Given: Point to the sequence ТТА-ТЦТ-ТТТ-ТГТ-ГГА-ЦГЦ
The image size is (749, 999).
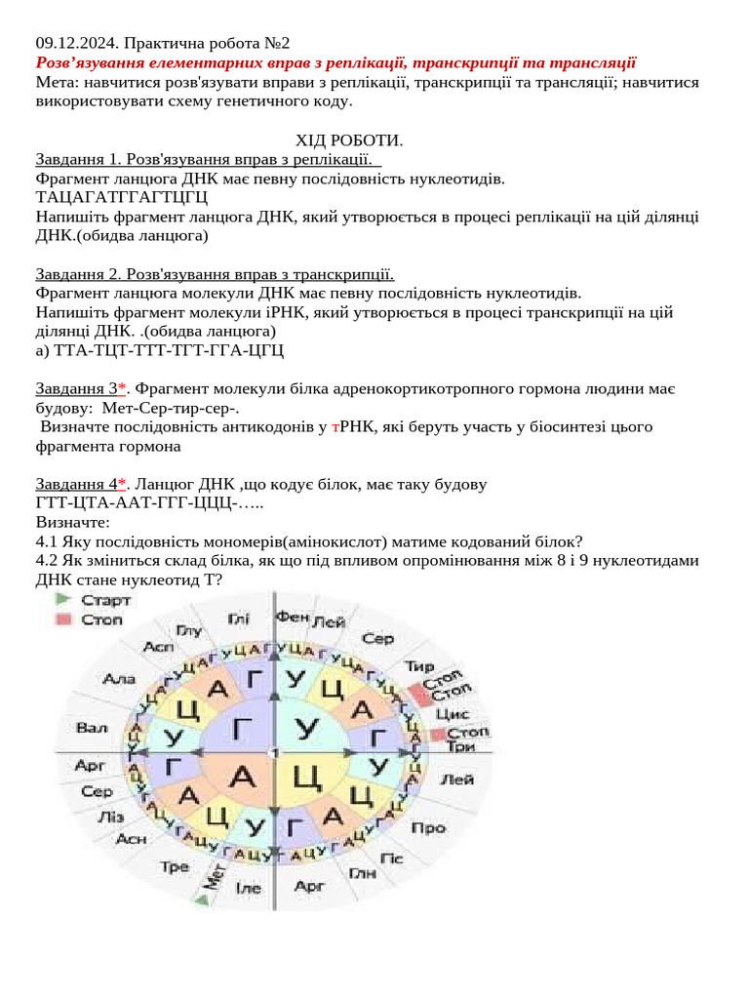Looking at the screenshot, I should (160, 349).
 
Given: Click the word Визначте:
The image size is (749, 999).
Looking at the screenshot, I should (72, 522).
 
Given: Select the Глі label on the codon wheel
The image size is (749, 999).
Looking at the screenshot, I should (239, 619).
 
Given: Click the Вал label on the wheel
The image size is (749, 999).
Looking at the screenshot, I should (92, 728).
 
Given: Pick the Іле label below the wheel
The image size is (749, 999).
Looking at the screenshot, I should (249, 889).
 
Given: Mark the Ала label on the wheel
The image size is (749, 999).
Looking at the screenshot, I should (119, 679).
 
